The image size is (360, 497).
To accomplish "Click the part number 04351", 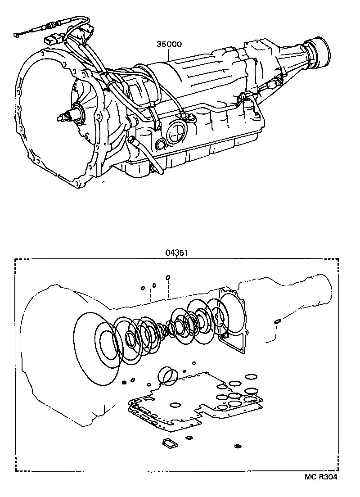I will tap(175, 253).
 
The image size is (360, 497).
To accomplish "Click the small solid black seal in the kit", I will tap(123, 383).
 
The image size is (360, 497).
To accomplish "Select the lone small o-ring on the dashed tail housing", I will tap(278, 321).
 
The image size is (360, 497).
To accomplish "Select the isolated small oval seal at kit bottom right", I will tap(238, 447).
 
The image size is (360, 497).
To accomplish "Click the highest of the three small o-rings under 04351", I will tap(167, 277).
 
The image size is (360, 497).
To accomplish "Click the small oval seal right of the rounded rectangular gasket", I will tap(189, 437).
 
